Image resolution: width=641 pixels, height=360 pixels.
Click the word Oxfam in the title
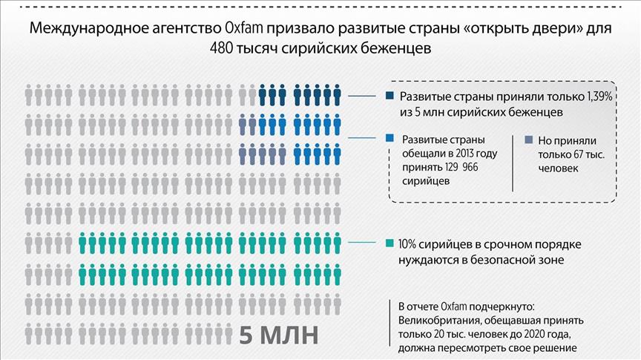[240, 29]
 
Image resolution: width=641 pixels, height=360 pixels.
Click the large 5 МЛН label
[278, 334]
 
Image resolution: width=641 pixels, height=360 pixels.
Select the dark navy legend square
[390, 96]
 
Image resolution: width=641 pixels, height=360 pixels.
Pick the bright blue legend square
[390, 138]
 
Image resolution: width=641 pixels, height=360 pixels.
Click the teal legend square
[390, 244]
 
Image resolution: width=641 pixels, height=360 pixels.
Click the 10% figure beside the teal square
[409, 244]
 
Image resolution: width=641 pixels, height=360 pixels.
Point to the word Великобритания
[435, 321]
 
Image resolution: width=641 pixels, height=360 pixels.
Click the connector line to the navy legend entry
[364, 96]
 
